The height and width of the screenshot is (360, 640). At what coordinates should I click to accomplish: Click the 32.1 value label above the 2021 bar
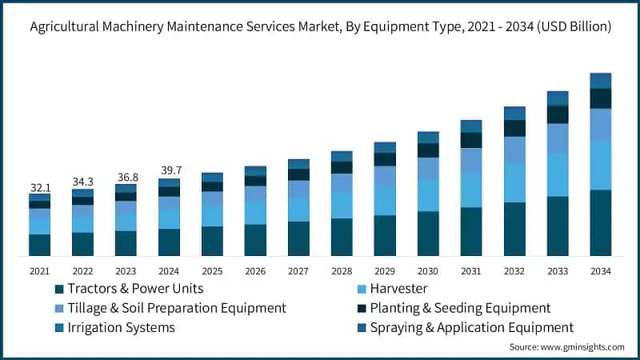coord(39,187)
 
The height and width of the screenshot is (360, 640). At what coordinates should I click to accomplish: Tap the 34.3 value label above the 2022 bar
coord(82,182)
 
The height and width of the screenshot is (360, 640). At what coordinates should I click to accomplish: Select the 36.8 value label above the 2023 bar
coord(126,177)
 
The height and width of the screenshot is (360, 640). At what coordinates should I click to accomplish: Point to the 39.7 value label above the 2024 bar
coord(169,171)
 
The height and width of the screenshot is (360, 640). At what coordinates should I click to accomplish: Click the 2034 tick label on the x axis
coord(600,271)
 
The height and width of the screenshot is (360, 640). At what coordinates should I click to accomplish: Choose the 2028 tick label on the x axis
coord(342,271)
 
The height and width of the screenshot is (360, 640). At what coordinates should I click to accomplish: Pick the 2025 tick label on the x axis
coord(212,271)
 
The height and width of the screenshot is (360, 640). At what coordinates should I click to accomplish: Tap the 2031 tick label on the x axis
coord(471,271)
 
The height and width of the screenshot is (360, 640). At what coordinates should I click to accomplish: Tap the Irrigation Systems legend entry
coord(121,327)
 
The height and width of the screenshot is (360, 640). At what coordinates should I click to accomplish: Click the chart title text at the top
coord(320,26)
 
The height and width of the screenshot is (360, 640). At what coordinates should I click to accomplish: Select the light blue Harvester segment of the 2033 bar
coord(558,174)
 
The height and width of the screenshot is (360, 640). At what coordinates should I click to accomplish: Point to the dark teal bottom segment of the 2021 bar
coord(39,245)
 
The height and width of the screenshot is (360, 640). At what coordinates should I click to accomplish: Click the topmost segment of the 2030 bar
coord(428,138)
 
